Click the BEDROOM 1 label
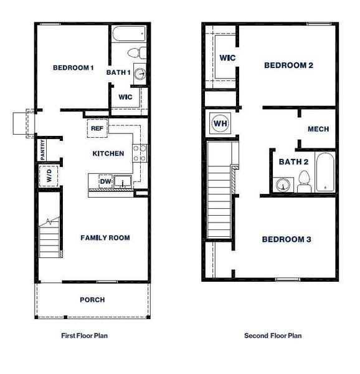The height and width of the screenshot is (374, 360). [73, 68]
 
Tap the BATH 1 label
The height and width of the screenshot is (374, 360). [118, 72]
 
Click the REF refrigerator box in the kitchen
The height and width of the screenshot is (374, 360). [97, 128]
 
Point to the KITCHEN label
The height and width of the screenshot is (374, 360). [108, 153]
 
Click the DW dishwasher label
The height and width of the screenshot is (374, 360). [106, 182]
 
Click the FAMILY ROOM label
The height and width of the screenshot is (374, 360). [105, 237]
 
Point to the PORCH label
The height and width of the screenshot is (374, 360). [92, 300]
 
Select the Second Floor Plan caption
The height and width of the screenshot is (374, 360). [273, 335]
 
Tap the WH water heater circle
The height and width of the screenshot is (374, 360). [220, 123]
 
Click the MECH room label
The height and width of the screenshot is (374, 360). [318, 129]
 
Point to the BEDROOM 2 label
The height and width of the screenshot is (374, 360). [288, 65]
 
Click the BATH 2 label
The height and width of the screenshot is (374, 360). [293, 161]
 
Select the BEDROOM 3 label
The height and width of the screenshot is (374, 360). [286, 239]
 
